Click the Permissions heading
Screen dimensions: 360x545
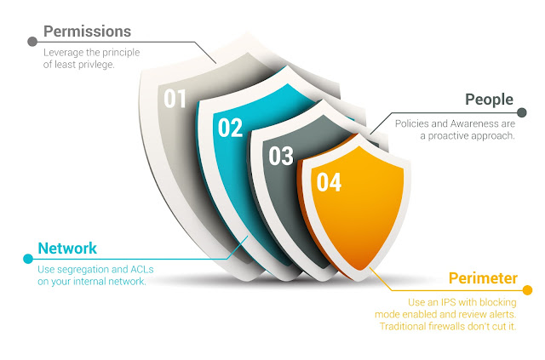(87, 31)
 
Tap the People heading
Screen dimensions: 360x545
(490, 100)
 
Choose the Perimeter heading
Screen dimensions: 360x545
(484, 278)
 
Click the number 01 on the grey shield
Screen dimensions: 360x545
(175, 99)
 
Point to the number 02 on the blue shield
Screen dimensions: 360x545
(230, 129)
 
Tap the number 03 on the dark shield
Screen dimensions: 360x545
(281, 156)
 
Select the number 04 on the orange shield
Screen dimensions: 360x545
(329, 182)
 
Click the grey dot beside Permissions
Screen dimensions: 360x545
(32, 40)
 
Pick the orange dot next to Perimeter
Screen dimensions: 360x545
(527, 290)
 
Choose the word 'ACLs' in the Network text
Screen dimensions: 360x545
(151, 270)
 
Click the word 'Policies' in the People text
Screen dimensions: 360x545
(414, 123)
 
